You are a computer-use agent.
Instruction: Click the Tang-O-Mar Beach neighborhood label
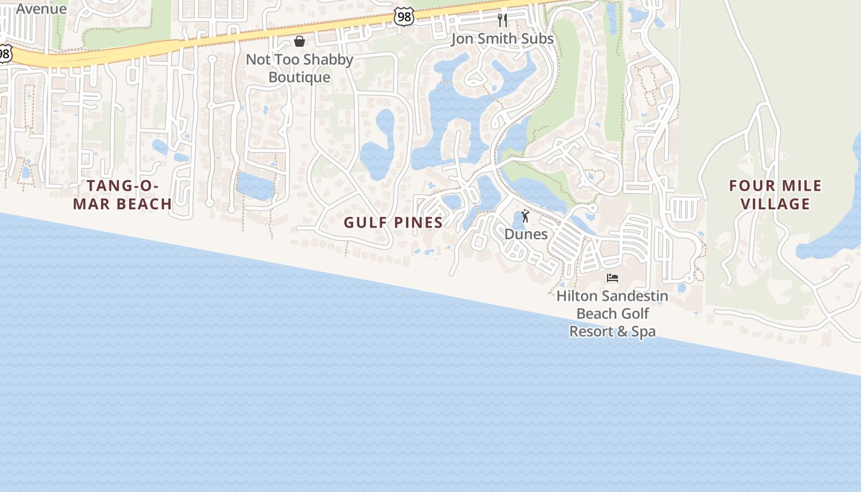click(122, 194)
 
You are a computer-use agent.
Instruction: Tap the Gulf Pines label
click(393, 223)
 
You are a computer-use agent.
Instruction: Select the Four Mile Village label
click(775, 194)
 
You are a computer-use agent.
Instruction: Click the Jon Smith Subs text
click(502, 39)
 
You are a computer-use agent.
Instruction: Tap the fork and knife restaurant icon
click(502, 20)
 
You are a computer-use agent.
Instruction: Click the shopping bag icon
click(300, 41)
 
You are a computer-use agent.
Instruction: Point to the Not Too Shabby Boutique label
click(300, 68)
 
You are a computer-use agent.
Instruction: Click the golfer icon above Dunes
click(525, 216)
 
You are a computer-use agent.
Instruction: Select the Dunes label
click(526, 234)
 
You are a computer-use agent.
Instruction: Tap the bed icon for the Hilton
click(612, 278)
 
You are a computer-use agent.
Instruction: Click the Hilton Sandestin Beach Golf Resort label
click(612, 314)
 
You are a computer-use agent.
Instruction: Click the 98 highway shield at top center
click(404, 17)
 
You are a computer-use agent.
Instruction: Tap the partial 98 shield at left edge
click(4, 54)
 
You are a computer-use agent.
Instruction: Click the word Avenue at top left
click(41, 9)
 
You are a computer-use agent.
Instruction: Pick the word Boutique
click(300, 77)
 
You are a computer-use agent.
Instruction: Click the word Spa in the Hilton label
click(644, 331)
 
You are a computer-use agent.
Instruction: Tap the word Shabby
click(328, 60)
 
